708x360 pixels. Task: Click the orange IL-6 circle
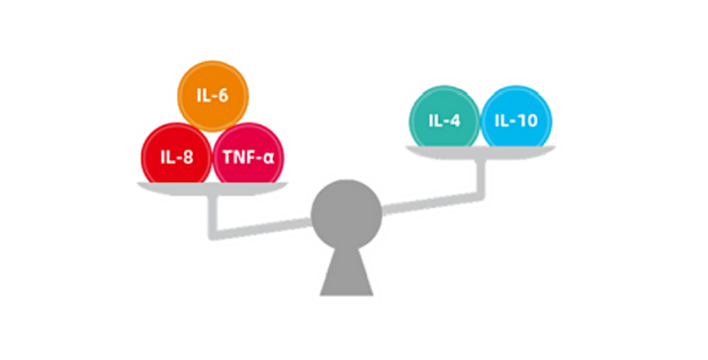(x=213, y=96)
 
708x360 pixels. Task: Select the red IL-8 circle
(x=177, y=156)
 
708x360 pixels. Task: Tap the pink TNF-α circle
(x=248, y=156)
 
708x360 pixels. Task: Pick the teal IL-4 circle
(x=444, y=120)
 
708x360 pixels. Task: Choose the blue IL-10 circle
(x=516, y=120)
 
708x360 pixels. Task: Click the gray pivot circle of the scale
(x=346, y=215)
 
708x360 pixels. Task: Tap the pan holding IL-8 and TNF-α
(x=213, y=189)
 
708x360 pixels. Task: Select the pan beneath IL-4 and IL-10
(x=481, y=152)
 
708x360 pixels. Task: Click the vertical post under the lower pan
(x=213, y=216)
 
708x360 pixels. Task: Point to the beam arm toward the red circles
(x=262, y=227)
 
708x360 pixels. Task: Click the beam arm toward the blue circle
(x=432, y=202)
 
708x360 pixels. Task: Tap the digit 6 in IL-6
(x=223, y=96)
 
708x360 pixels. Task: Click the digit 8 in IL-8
(x=188, y=157)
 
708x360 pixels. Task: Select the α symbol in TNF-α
(x=268, y=158)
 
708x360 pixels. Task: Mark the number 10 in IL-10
(x=529, y=121)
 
